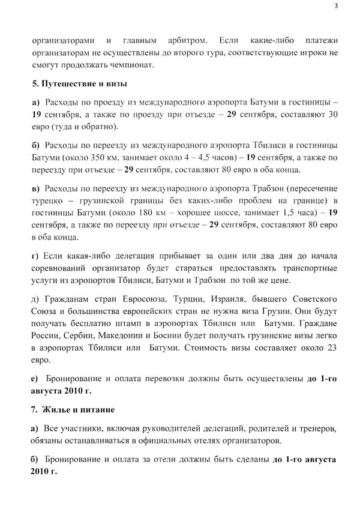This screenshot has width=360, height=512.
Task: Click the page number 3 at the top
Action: [337, 6]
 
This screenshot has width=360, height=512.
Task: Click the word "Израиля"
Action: [240, 298]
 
